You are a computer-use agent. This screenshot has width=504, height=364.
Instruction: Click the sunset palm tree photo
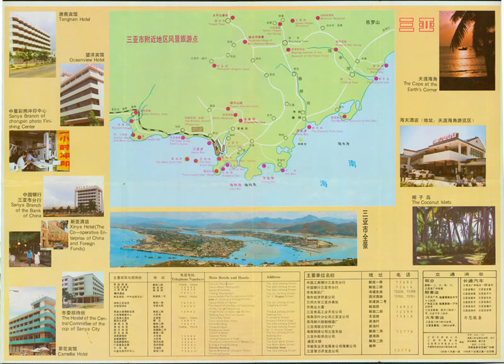[467, 50]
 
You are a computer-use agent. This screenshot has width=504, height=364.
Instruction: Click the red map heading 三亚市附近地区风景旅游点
[162, 38]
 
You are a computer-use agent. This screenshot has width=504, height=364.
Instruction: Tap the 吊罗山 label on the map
[373, 23]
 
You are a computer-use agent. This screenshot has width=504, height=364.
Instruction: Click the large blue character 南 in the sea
[352, 163]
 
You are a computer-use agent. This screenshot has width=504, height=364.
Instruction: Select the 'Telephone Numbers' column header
[188, 278]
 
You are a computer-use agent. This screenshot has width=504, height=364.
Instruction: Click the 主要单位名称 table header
[324, 275]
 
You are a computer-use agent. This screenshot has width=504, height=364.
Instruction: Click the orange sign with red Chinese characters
[64, 150]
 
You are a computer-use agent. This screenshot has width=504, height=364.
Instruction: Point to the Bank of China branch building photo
[89, 198]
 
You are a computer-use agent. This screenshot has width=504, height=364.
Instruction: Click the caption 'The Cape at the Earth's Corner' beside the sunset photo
[421, 86]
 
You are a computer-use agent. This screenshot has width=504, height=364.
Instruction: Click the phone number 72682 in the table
[405, 282]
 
